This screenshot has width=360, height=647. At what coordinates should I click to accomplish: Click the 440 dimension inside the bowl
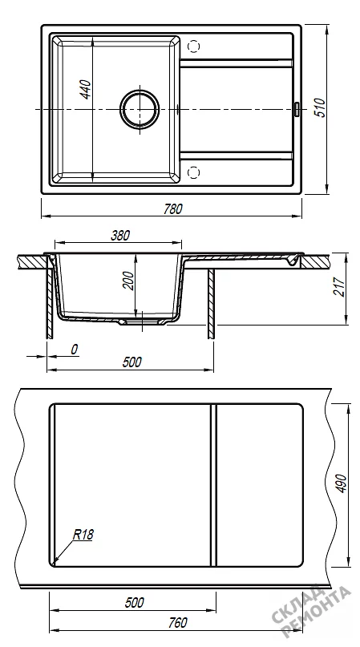tap(86, 89)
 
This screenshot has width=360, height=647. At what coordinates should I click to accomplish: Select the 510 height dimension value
tap(321, 107)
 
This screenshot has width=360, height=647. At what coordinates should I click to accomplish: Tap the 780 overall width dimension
tap(172, 209)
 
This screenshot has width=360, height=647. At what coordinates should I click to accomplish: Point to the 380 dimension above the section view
tap(120, 236)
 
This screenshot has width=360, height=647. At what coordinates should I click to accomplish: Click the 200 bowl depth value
tap(129, 281)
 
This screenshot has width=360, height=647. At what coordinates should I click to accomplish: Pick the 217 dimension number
tap(338, 286)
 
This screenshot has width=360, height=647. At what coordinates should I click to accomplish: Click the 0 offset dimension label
tap(75, 350)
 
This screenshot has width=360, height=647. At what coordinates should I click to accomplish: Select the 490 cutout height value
tap(342, 483)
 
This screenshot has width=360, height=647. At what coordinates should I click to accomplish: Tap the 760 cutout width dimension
tap(177, 622)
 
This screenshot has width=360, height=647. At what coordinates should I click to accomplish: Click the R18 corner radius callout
tap(83, 535)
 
